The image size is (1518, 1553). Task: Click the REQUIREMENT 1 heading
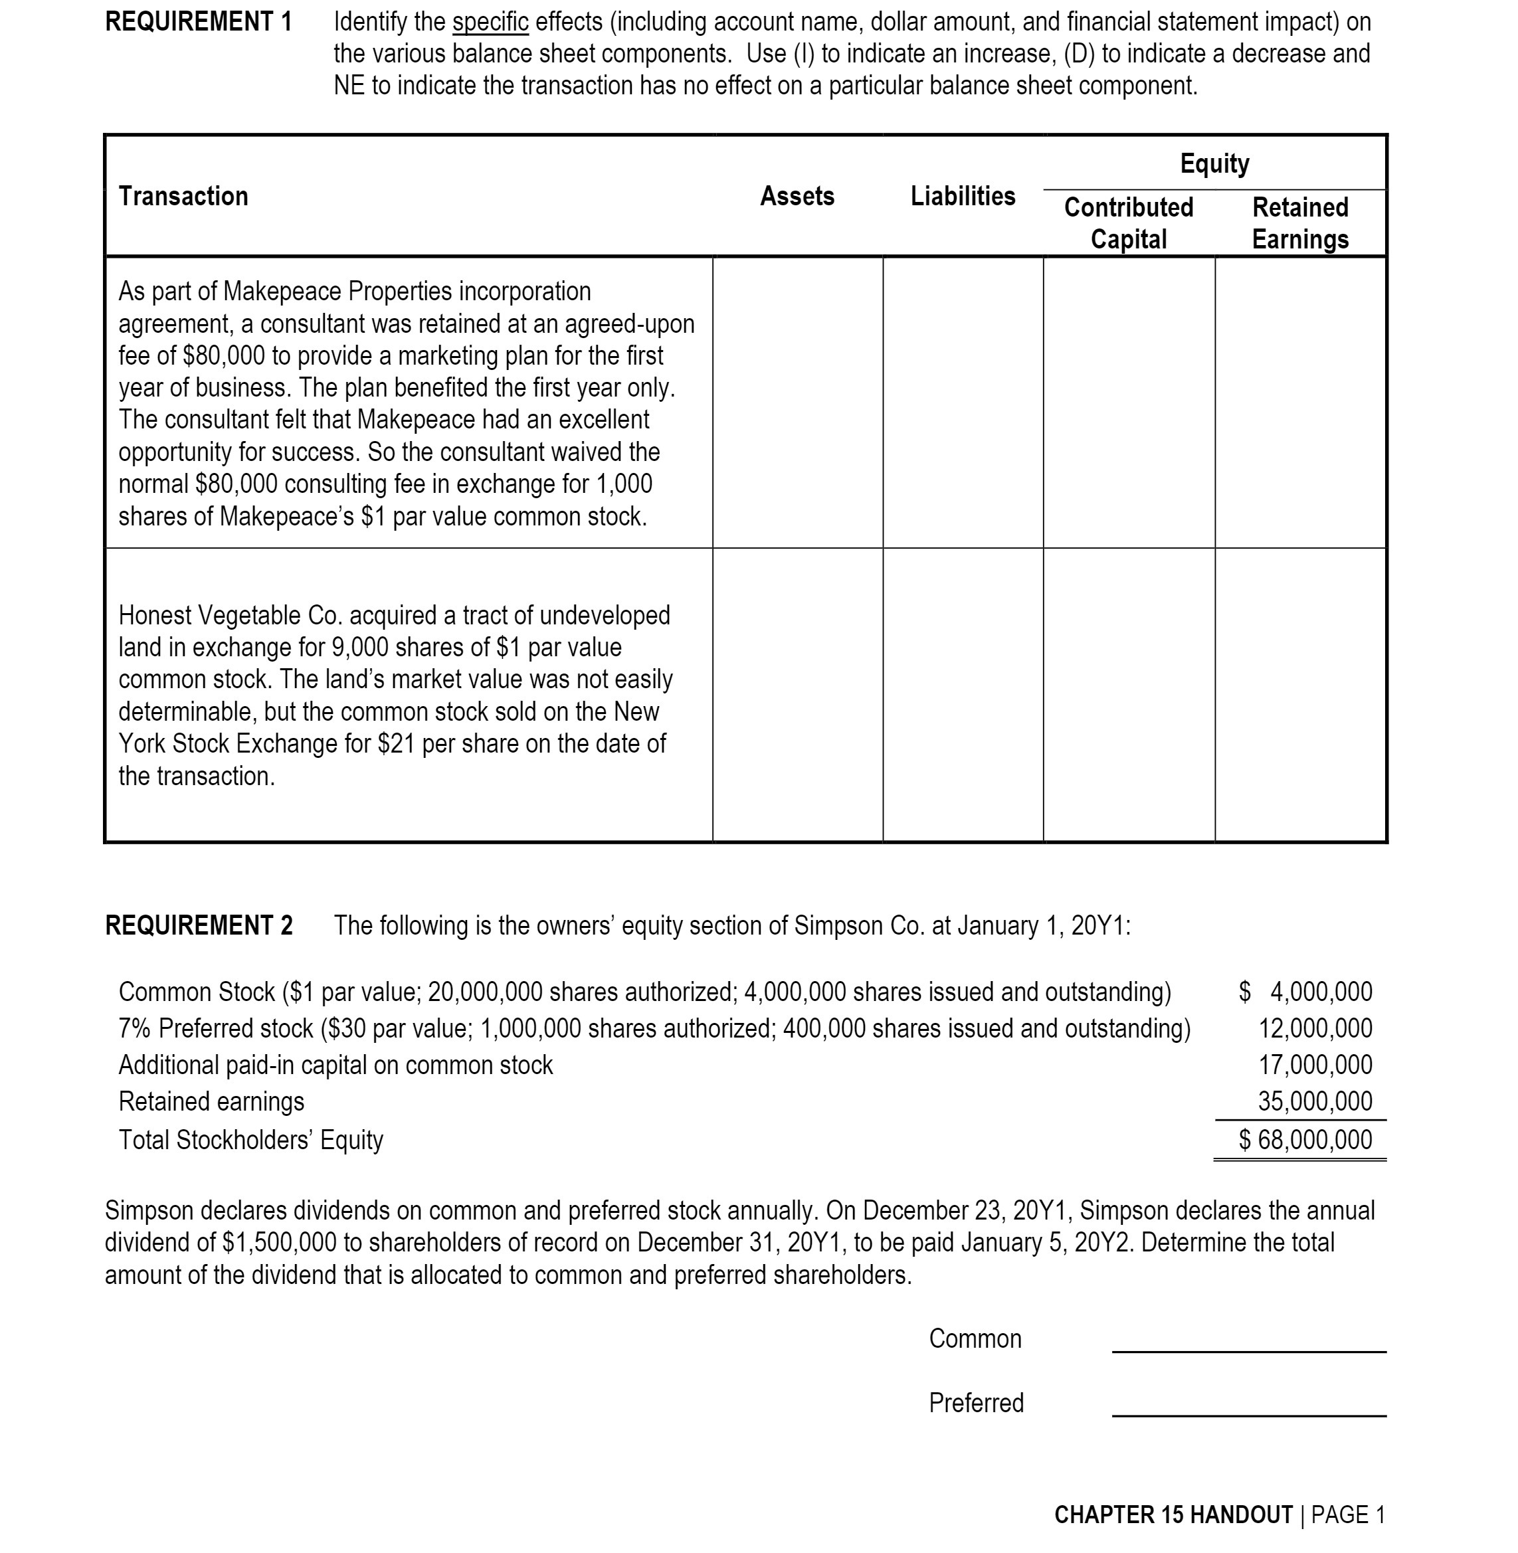[x=199, y=21]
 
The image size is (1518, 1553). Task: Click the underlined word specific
[x=490, y=21]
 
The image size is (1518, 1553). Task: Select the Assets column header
[x=797, y=196]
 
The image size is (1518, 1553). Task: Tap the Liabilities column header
[x=963, y=196]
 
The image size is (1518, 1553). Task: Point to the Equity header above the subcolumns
[x=1214, y=163]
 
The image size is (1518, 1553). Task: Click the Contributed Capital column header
[x=1128, y=223]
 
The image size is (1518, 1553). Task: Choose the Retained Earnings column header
[x=1299, y=223]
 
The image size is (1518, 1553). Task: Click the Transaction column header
[x=183, y=196]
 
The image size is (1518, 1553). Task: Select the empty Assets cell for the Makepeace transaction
[x=797, y=403]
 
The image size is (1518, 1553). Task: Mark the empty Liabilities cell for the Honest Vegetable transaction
[x=963, y=694]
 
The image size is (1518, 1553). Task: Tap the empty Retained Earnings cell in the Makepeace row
[x=1299, y=403]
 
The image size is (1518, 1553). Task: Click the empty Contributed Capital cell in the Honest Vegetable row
[x=1128, y=694]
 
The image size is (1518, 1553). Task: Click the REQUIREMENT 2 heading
[x=199, y=925]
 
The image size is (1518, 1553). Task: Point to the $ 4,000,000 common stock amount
[x=1305, y=992]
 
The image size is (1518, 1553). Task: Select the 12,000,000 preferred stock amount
[x=1315, y=1028]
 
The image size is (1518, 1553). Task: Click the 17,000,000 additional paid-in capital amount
[x=1315, y=1065]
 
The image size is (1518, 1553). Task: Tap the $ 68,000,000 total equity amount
[x=1305, y=1140]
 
